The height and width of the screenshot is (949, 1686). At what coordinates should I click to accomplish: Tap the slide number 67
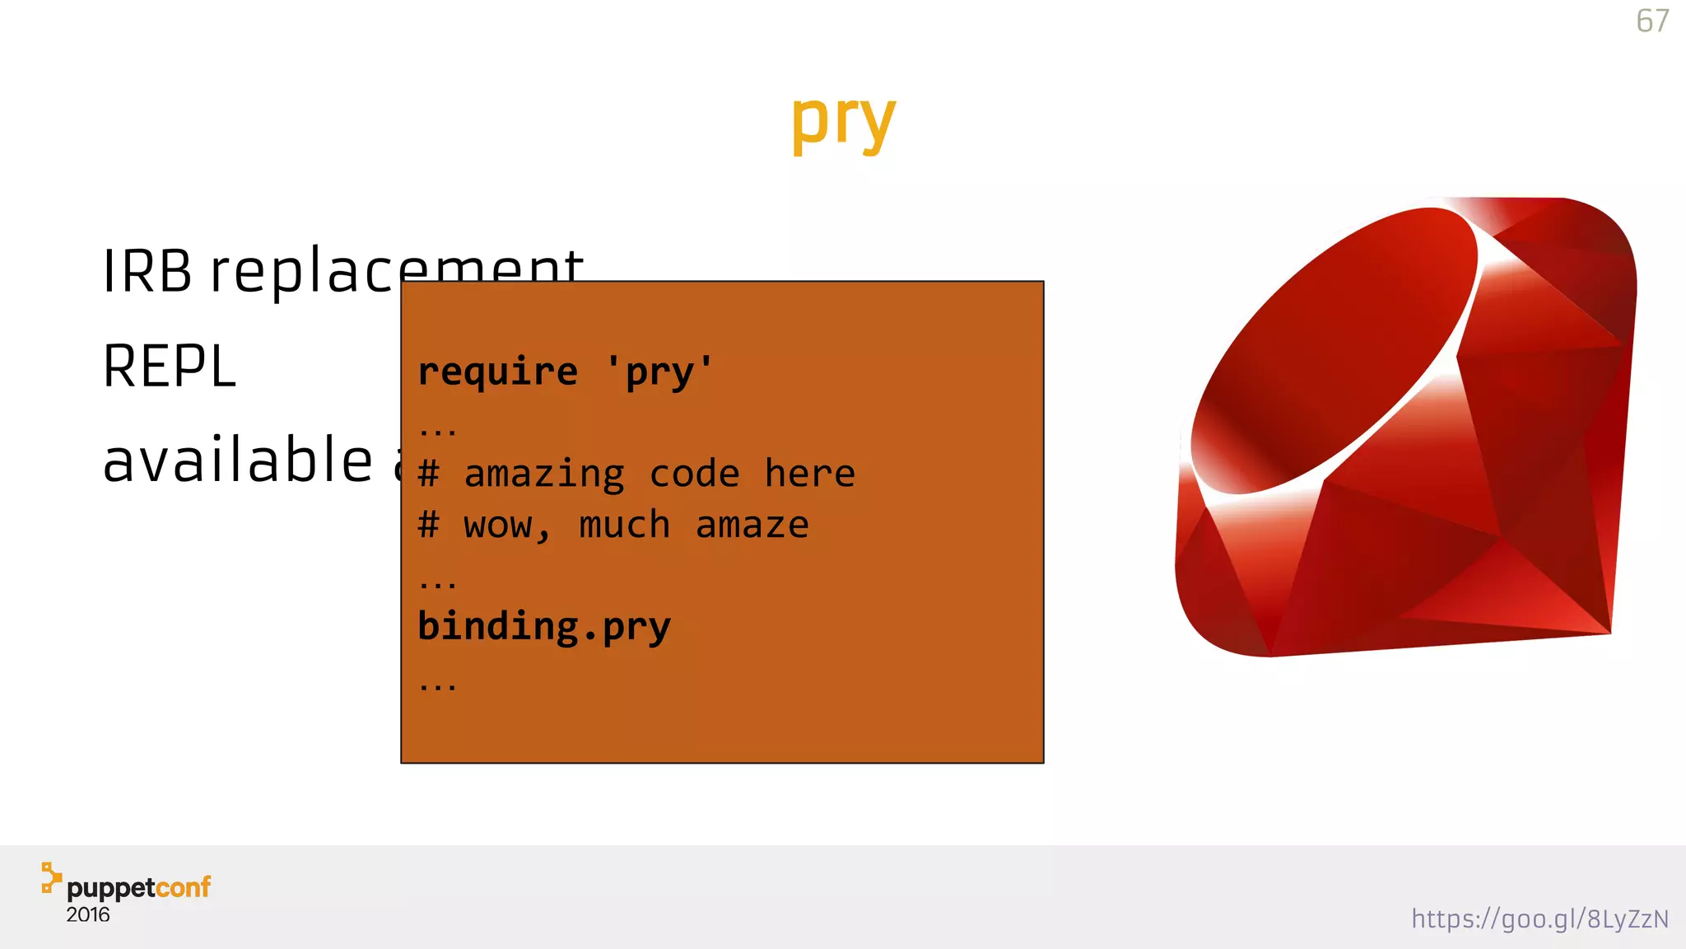1652,21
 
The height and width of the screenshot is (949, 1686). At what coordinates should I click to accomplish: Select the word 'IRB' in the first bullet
147,271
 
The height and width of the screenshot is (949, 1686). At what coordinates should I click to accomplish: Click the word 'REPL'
170,367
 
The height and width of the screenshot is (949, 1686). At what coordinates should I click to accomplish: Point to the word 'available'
238,460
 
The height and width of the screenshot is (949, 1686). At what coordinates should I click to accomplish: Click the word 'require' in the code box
497,372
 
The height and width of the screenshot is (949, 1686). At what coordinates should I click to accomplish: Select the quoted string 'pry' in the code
659,372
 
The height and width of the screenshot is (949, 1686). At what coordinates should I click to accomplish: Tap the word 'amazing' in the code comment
544,474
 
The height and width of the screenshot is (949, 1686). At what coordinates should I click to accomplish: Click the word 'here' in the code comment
810,474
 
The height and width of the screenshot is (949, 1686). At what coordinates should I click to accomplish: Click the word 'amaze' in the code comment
752,525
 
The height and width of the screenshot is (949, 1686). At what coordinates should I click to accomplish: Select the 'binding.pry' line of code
544,626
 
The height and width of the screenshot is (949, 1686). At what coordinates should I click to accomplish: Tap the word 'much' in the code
625,525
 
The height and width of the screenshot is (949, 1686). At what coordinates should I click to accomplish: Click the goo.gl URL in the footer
1539,919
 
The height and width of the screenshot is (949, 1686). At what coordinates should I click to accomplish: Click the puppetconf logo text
138,887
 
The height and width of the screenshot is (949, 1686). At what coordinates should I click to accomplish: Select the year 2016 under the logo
88,914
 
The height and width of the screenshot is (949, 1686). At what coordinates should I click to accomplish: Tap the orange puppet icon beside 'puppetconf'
51,877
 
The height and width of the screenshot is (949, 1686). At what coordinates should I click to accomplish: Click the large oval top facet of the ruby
1334,350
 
